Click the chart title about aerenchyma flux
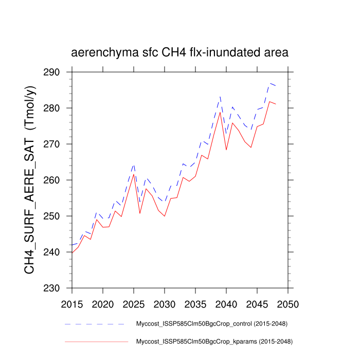(x=179, y=52)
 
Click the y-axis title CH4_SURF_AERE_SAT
(x=30, y=180)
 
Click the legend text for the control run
(x=211, y=324)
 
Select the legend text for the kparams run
(x=214, y=341)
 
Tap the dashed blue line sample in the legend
(x=95, y=324)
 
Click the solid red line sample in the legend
(x=95, y=341)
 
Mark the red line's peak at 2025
(x=134, y=174)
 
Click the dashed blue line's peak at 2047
(x=269, y=83)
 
